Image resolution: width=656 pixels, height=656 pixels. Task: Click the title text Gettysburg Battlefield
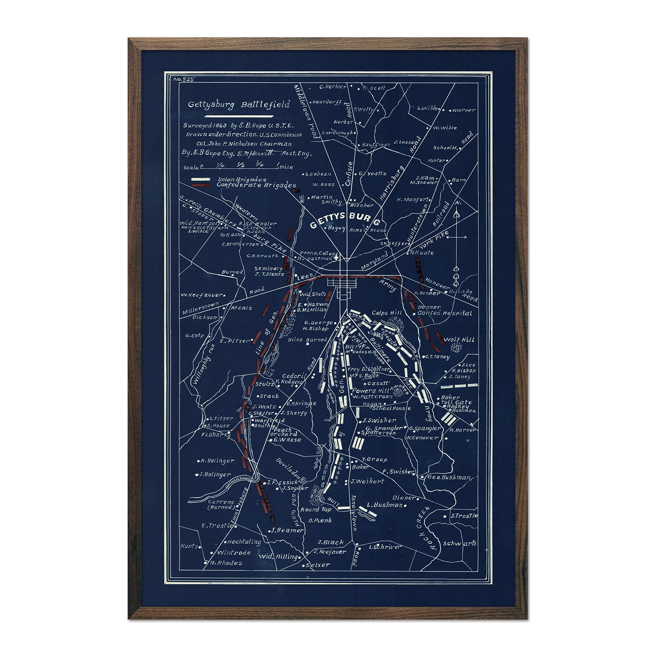point(239,105)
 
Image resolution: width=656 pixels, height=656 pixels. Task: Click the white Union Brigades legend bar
point(202,180)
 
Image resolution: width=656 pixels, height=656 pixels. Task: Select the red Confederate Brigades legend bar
point(202,185)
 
